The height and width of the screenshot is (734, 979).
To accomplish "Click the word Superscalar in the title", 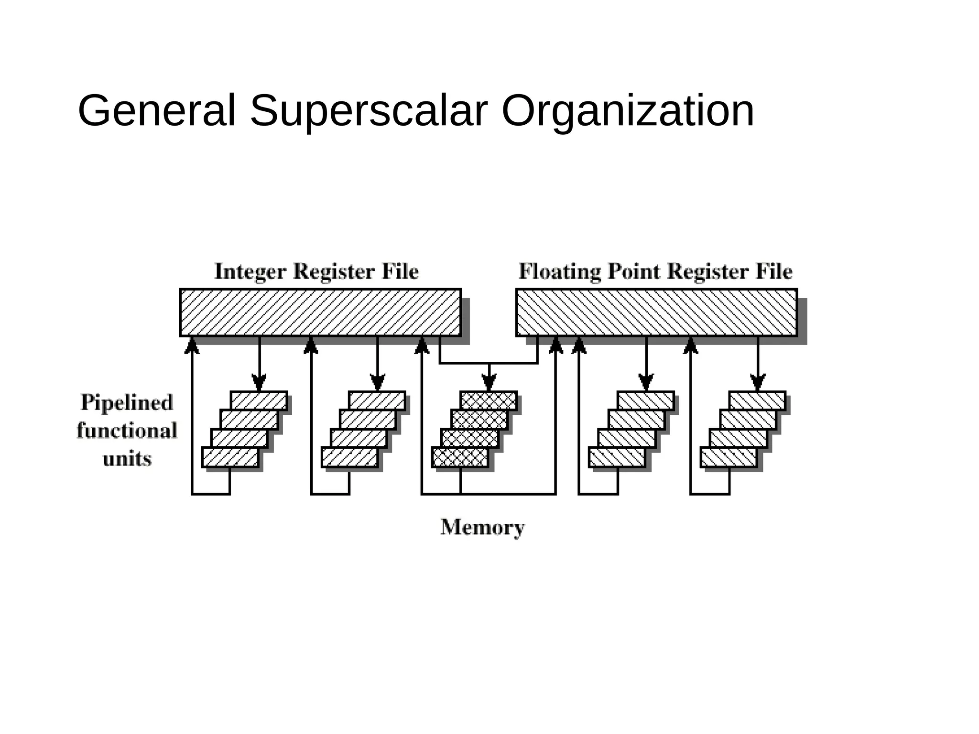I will [369, 111].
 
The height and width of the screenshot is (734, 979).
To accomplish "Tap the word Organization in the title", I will [628, 111].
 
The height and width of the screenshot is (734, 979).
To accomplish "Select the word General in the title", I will [157, 111].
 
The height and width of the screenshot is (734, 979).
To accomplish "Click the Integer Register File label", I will [316, 271].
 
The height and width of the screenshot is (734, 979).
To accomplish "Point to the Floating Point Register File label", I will [655, 271].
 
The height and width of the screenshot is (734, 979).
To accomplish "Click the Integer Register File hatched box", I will [320, 312].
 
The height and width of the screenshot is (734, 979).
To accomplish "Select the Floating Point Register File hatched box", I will [656, 312].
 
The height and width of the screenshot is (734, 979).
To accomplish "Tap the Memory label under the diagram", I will [482, 528].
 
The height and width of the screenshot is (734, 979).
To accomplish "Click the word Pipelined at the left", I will [127, 402].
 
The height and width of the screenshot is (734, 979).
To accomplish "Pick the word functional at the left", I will [127, 431].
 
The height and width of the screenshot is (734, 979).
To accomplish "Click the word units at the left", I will [127, 459].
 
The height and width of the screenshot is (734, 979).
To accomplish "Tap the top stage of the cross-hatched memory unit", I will [489, 400].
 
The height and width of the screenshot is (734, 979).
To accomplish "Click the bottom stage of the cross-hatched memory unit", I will [460, 457].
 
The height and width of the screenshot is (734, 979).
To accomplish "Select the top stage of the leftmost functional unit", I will [259, 400].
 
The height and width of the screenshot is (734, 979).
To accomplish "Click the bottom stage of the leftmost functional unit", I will [230, 457].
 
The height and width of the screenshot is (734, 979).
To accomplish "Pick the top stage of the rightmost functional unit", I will [757, 400].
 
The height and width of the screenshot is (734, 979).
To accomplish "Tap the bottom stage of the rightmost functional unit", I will [729, 457].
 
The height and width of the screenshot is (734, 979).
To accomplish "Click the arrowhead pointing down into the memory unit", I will [489, 382].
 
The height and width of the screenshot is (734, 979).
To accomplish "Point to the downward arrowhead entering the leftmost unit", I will [259, 382].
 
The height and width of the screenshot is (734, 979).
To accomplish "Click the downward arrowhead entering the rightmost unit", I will [758, 382].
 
